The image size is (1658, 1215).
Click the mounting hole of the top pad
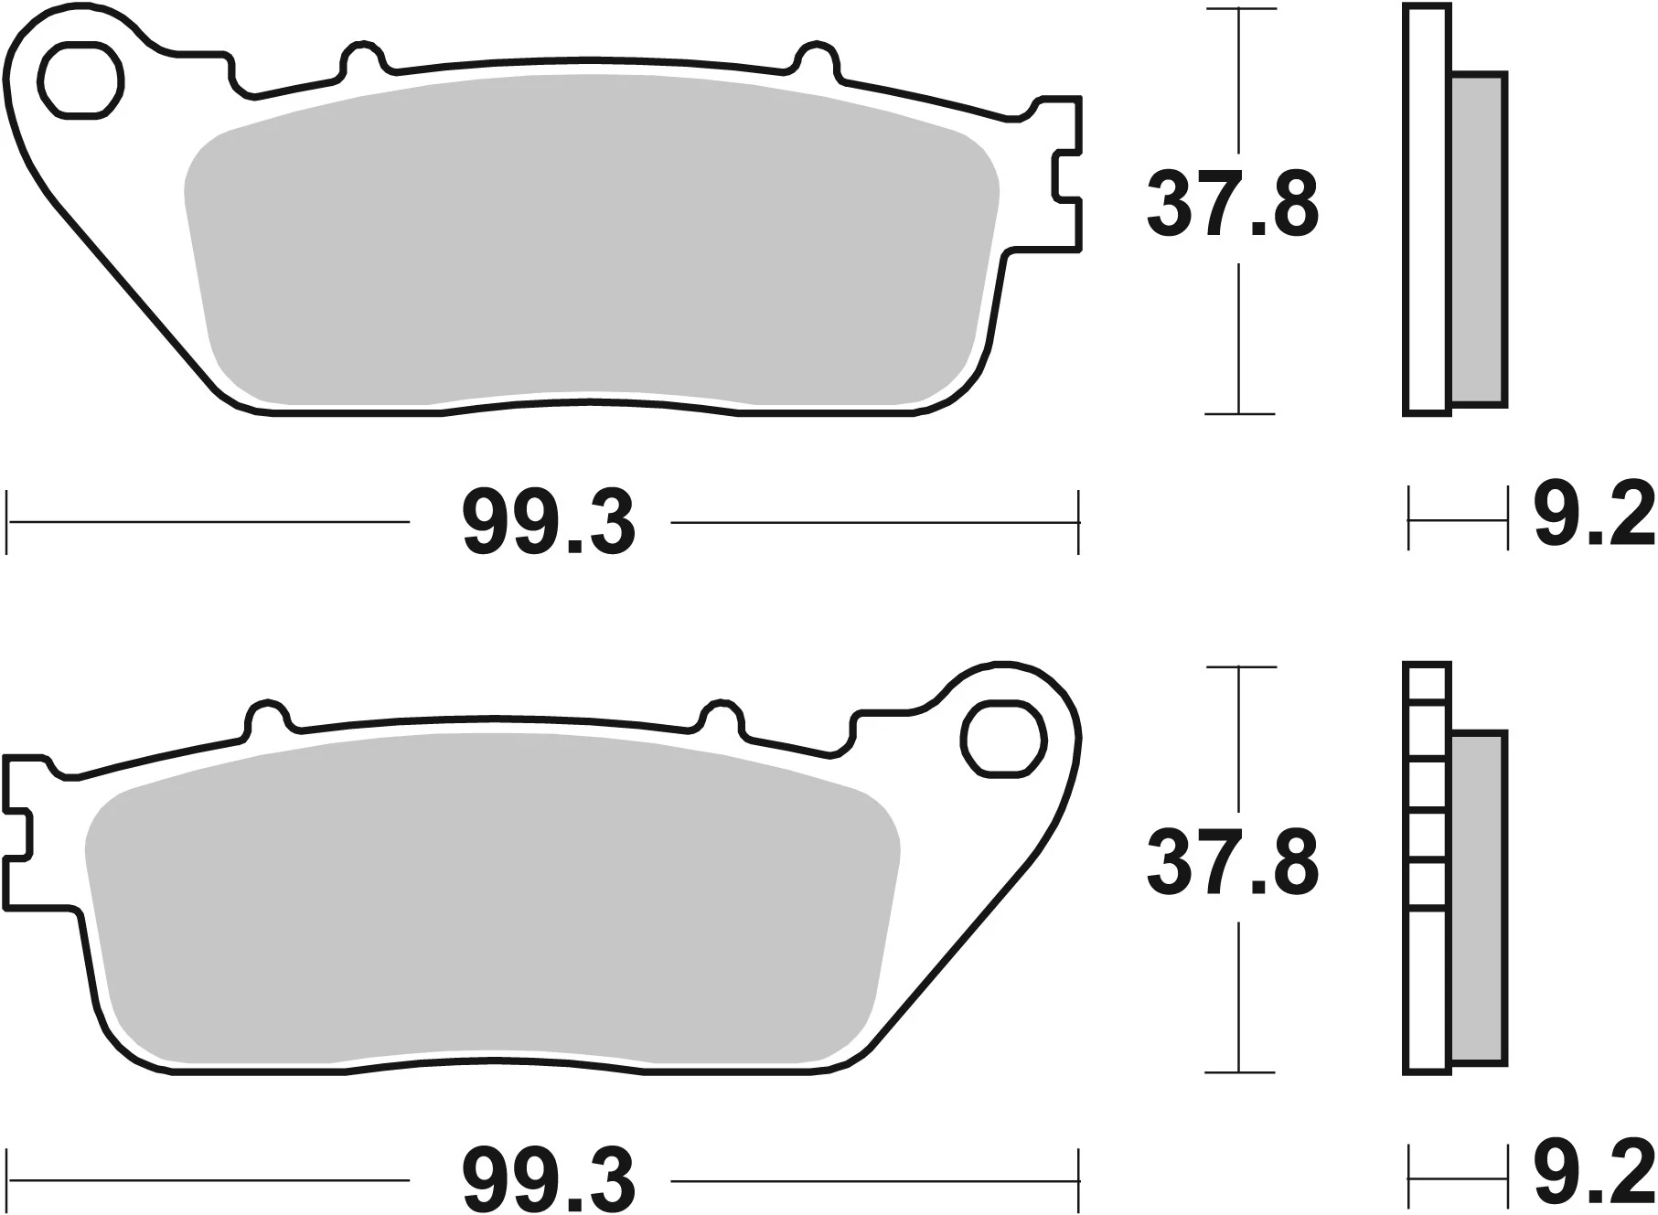coord(83,80)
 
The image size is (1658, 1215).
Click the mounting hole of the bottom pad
coord(1002,739)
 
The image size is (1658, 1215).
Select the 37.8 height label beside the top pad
coord(1232,206)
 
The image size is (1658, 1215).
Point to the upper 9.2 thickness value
coord(1594,517)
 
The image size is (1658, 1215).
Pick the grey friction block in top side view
coord(1478,240)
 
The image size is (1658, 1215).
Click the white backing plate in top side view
coord(1427,210)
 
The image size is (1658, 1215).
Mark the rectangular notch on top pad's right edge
coord(1068,174)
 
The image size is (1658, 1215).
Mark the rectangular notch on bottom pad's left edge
coord(18,832)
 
